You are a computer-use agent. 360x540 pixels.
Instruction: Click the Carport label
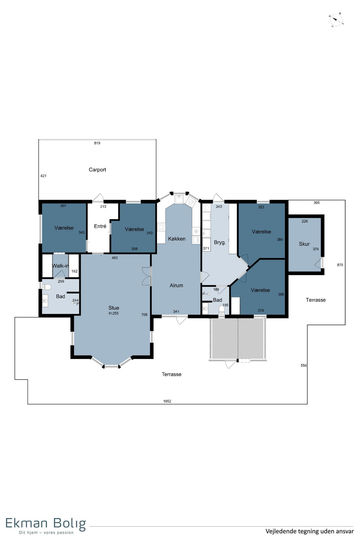[97, 170]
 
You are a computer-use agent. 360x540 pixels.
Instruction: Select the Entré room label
[100, 226]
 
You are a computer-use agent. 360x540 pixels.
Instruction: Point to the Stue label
[114, 308]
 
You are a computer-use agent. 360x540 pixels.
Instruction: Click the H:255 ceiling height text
[114, 313]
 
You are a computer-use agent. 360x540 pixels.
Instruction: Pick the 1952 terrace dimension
[167, 401]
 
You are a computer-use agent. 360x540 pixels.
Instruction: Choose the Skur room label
[304, 244]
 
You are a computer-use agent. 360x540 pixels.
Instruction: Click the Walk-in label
[61, 266]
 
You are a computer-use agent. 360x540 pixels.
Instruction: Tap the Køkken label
[177, 239]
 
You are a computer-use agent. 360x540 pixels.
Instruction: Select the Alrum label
[176, 286]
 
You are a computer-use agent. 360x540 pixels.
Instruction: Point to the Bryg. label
[220, 242]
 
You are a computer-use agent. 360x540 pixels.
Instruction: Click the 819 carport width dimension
[97, 143]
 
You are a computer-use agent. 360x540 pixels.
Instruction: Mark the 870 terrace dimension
[340, 265]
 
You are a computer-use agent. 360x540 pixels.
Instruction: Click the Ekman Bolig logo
[46, 525]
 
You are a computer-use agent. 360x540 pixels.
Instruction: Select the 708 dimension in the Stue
[144, 315]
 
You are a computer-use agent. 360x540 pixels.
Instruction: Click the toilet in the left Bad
[46, 287]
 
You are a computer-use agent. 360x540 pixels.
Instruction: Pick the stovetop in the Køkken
[161, 227]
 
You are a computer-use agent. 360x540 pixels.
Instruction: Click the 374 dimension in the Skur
[316, 249]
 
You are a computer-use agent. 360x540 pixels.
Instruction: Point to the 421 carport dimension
[43, 176]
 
